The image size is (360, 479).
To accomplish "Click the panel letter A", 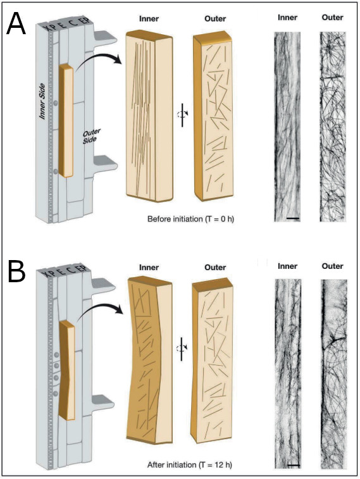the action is [x=16, y=25].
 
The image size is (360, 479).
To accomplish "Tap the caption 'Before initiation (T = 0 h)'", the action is [x=190, y=219].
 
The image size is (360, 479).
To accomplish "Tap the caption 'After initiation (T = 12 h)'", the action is [x=190, y=465].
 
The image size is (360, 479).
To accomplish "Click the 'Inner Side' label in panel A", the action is [x=42, y=101].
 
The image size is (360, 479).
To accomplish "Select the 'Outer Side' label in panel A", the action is [x=91, y=136].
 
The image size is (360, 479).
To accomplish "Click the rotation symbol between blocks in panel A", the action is [x=183, y=115].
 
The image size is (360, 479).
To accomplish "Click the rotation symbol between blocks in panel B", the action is [x=182, y=349].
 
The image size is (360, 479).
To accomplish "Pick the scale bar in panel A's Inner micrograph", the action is [x=293, y=218].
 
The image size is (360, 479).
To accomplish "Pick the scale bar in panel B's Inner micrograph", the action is [x=294, y=465].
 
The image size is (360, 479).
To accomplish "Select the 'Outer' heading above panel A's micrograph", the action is [x=333, y=18].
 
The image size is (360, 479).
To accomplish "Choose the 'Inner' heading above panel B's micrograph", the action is [x=288, y=266].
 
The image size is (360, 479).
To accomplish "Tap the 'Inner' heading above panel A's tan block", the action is [x=149, y=18].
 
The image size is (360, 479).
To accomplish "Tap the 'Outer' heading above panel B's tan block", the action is [x=215, y=267].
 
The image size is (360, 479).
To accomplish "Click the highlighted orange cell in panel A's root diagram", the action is [x=66, y=121].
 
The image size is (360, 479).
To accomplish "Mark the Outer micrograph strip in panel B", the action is [x=334, y=374].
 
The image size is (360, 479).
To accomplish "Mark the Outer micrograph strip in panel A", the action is [x=333, y=127].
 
